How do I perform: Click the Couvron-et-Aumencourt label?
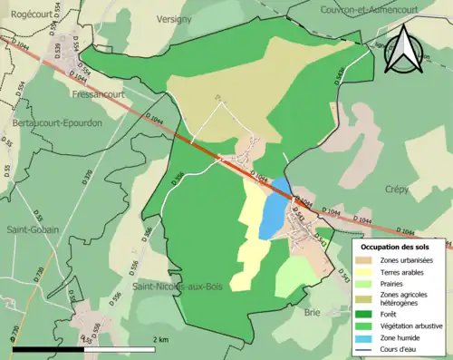tap(362, 9)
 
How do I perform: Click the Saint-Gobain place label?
tap(31, 229)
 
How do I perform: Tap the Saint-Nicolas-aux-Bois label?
tap(177, 287)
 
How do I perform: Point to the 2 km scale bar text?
tap(159, 339)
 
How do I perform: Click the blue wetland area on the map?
tap(272, 218)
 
